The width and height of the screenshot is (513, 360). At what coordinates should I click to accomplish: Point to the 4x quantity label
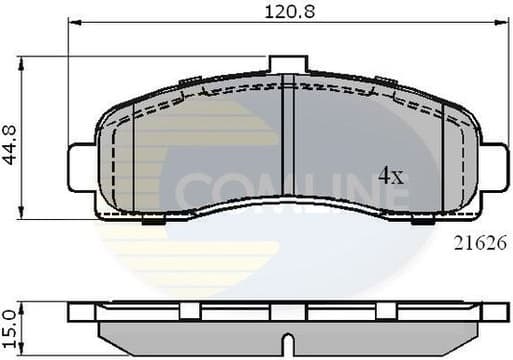389,177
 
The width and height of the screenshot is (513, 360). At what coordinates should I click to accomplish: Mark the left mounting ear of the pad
80,163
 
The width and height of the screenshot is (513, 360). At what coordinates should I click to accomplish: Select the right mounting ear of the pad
493,162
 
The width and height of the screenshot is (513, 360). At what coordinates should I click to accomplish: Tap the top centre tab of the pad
286,64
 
